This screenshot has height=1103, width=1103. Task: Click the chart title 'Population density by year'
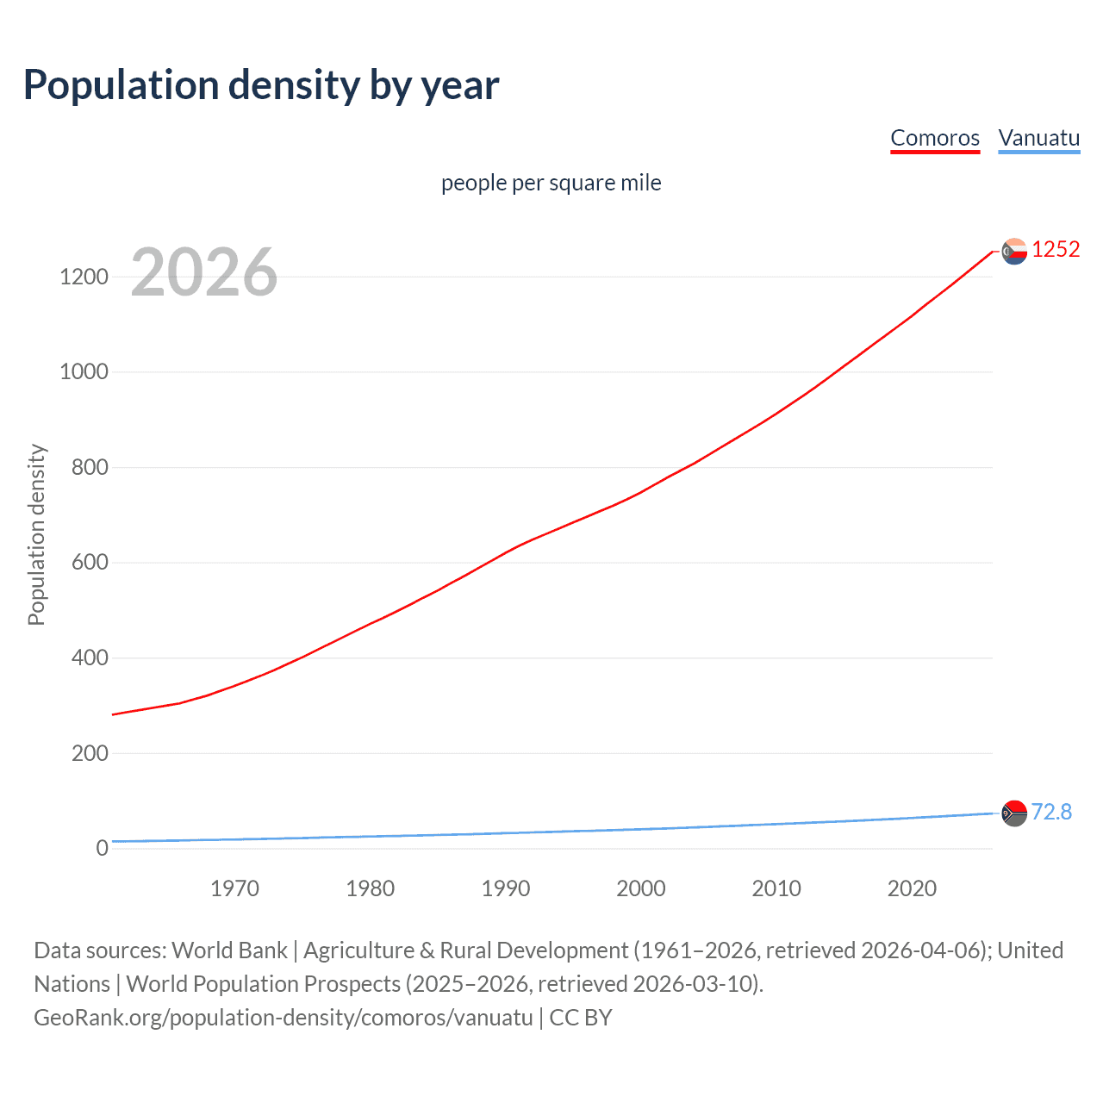pyautogui.click(x=261, y=85)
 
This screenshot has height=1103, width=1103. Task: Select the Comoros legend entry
pyautogui.click(x=935, y=138)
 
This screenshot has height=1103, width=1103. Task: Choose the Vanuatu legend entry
pyautogui.click(x=1038, y=138)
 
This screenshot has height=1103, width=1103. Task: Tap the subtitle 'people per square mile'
pyautogui.click(x=551, y=183)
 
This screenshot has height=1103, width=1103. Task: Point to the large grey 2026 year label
pyautogui.click(x=204, y=272)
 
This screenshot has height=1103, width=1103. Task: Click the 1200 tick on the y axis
pyautogui.click(x=84, y=277)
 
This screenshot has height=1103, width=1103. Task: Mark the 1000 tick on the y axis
pyautogui.click(x=84, y=372)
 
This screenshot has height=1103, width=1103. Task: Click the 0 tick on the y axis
pyautogui.click(x=103, y=848)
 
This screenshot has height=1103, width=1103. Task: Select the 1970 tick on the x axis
pyautogui.click(x=234, y=888)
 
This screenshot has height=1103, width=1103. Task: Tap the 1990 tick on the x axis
pyautogui.click(x=506, y=888)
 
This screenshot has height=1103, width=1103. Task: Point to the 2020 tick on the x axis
pyautogui.click(x=912, y=888)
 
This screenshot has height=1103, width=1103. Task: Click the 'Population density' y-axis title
pyautogui.click(x=36, y=534)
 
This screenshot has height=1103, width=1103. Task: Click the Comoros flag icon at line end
pyautogui.click(x=1014, y=251)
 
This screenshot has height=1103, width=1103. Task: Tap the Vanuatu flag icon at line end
pyautogui.click(x=1014, y=813)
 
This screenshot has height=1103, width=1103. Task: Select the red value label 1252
pyautogui.click(x=1056, y=250)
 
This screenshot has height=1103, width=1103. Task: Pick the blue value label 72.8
pyautogui.click(x=1051, y=812)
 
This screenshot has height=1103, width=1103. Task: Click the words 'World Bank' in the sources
pyautogui.click(x=229, y=950)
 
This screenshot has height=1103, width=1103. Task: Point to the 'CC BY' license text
pyautogui.click(x=581, y=1018)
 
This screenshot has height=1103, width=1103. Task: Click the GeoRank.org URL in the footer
pyautogui.click(x=284, y=1018)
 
